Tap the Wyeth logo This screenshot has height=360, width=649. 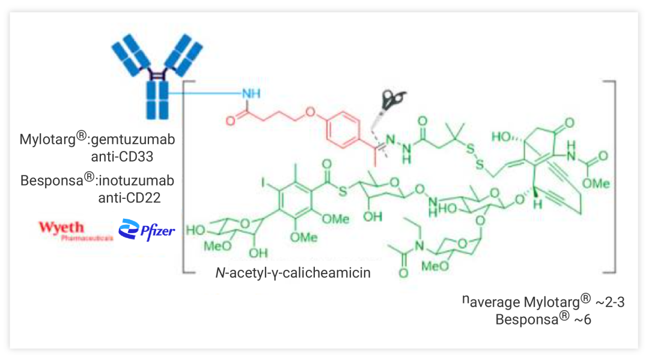click(62, 230)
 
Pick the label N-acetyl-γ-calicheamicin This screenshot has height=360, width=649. click(293, 272)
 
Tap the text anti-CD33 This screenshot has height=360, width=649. click(127, 157)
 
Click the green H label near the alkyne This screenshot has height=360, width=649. click(540, 205)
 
